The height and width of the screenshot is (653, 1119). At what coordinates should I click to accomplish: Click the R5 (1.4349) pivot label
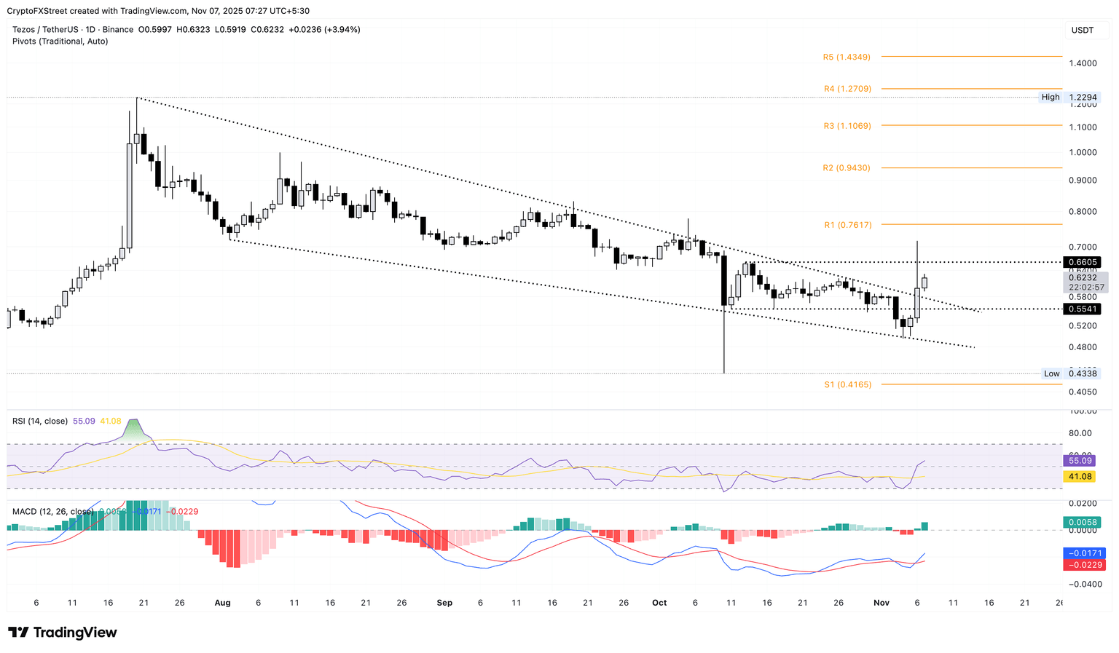pyautogui.click(x=847, y=57)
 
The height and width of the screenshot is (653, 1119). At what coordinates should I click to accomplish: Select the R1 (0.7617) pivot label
pyautogui.click(x=847, y=225)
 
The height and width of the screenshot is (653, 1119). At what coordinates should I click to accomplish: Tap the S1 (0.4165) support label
pyautogui.click(x=847, y=384)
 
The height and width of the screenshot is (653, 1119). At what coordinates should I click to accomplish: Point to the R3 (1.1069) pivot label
pyautogui.click(x=847, y=126)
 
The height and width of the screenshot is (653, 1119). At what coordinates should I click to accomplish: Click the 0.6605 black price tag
pyautogui.click(x=1083, y=262)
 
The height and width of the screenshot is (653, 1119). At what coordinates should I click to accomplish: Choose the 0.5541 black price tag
pyautogui.click(x=1083, y=309)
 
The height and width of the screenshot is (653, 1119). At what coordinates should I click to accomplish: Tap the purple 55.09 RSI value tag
pyautogui.click(x=1080, y=461)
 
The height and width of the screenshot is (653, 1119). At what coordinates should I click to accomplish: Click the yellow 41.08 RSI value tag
pyautogui.click(x=1080, y=476)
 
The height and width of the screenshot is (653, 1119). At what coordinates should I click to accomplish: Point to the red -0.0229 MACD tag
pyautogui.click(x=1085, y=565)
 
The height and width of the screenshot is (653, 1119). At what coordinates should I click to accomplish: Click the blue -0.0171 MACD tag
pyautogui.click(x=1085, y=553)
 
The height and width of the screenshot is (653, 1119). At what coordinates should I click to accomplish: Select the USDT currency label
pyautogui.click(x=1083, y=30)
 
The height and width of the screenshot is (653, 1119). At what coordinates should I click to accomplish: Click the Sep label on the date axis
pyautogui.click(x=444, y=603)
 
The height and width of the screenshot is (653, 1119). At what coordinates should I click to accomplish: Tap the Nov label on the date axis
pyautogui.click(x=882, y=603)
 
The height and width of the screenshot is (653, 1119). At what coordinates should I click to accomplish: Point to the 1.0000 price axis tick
pyautogui.click(x=1083, y=152)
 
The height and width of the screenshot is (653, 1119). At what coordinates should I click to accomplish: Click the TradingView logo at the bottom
pyautogui.click(x=63, y=633)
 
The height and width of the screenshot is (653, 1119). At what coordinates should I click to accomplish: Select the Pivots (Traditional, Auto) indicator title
pyautogui.click(x=60, y=41)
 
